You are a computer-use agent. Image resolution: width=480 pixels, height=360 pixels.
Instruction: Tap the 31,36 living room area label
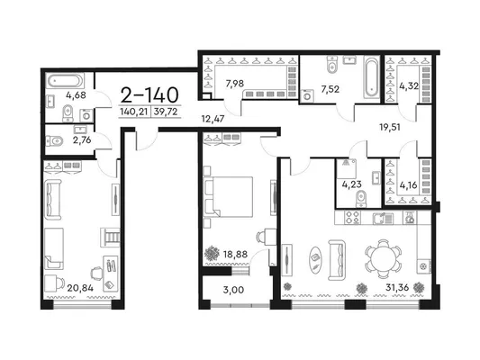click(x=397, y=288)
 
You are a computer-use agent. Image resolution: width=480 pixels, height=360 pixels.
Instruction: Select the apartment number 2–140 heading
click(x=149, y=94)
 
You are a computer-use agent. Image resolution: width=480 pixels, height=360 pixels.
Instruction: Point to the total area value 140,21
click(x=134, y=112)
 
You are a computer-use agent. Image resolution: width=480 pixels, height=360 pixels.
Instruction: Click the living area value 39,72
click(x=166, y=112)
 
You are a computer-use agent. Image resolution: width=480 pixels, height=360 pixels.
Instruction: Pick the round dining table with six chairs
click(x=383, y=259)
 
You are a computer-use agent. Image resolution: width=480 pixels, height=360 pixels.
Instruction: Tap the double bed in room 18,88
click(x=228, y=197)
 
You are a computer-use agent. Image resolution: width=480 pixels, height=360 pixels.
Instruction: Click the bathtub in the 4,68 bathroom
click(x=65, y=81)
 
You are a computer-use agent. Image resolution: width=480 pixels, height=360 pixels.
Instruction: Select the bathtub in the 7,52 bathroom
click(x=372, y=77)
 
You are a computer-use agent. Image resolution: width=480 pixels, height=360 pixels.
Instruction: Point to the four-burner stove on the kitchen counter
click(x=352, y=218)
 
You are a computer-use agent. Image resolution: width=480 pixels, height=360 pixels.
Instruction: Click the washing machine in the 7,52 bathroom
click(x=307, y=96)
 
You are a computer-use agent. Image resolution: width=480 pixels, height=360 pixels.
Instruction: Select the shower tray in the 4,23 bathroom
click(x=347, y=168)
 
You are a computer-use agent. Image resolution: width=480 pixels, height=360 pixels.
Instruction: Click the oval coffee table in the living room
click(x=315, y=259)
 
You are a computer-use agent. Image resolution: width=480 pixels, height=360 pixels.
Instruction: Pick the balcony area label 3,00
click(x=233, y=290)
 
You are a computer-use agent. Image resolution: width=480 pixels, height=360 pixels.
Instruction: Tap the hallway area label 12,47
click(x=213, y=119)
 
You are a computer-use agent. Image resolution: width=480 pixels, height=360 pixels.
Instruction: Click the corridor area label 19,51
click(x=390, y=127)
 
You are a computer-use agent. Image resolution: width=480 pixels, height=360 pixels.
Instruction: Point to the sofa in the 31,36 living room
click(x=337, y=260)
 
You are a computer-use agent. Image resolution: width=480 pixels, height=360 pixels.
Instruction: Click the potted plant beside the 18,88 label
click(x=212, y=253)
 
